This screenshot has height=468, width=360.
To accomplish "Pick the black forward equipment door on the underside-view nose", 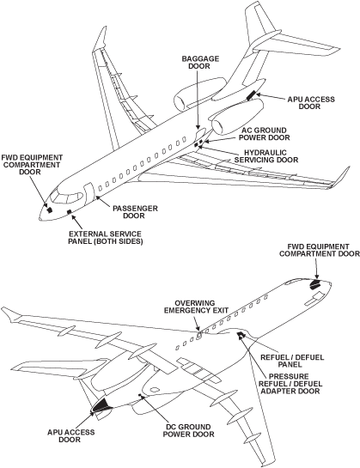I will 315,283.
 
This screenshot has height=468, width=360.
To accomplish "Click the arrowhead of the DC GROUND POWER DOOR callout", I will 148,397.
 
